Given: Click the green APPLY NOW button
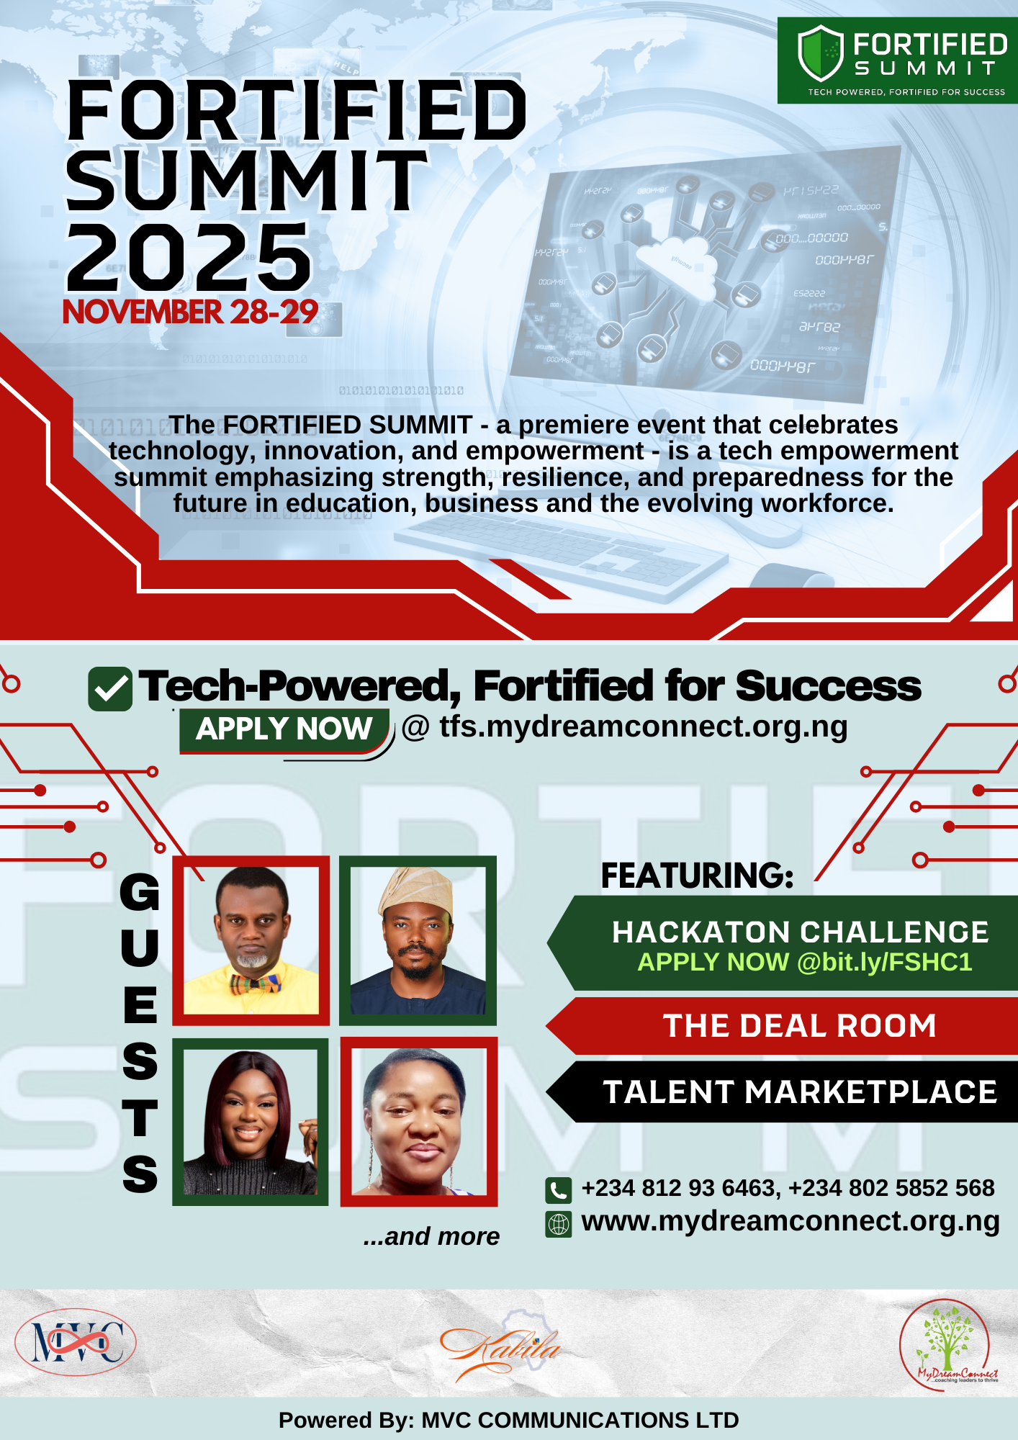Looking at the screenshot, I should tap(284, 729).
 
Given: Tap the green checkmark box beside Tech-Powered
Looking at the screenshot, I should tap(109, 689).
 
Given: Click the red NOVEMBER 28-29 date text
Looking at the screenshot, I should tap(190, 312).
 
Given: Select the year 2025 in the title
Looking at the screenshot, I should tap(189, 258).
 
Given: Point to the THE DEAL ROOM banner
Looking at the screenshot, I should tap(799, 1026).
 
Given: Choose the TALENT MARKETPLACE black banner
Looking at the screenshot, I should tap(799, 1092).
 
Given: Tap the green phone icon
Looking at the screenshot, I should tap(559, 1190).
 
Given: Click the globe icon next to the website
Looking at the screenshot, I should tap(559, 1224).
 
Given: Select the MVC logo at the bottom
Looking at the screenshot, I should tap(76, 1343).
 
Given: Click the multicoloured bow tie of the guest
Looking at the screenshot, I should tap(254, 983).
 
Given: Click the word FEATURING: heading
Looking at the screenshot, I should tap(697, 876).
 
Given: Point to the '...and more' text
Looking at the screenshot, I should tap(431, 1236).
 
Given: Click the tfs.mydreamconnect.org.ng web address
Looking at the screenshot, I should tap(643, 726).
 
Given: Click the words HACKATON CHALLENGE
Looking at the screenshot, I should tap(800, 932).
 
